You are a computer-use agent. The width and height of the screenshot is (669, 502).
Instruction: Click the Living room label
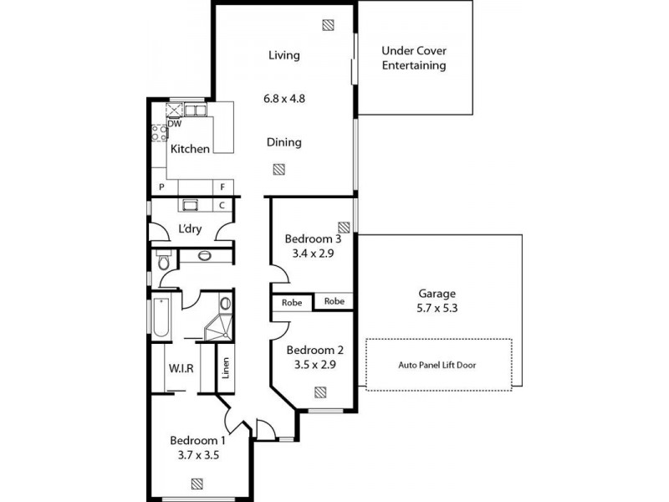(283, 55)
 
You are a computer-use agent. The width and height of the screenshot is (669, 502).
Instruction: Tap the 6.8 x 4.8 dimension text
(283, 98)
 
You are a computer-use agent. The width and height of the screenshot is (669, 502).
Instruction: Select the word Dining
(283, 142)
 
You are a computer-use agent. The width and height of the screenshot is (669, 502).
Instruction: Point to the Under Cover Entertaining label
(414, 58)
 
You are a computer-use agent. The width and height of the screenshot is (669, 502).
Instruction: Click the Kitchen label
(190, 149)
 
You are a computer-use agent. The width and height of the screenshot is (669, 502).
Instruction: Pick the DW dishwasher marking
(175, 124)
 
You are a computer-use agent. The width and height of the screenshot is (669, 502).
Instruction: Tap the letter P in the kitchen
(159, 187)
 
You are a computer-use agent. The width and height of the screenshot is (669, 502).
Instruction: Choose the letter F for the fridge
(223, 187)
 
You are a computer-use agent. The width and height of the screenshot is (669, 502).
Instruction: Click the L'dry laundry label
(190, 229)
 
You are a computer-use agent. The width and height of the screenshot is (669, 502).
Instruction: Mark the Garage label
(437, 294)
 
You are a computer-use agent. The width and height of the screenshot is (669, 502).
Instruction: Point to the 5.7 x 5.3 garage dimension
(437, 308)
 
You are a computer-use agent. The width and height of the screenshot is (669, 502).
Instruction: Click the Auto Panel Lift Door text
(438, 365)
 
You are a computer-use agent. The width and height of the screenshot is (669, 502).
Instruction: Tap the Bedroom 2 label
(314, 351)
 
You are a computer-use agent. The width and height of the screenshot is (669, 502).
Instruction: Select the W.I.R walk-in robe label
(181, 367)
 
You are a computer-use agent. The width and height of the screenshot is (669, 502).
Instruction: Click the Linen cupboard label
(225, 369)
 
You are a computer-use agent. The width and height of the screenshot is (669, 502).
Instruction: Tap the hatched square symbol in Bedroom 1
(197, 483)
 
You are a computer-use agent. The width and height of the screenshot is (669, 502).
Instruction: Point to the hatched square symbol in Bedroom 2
(320, 391)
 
